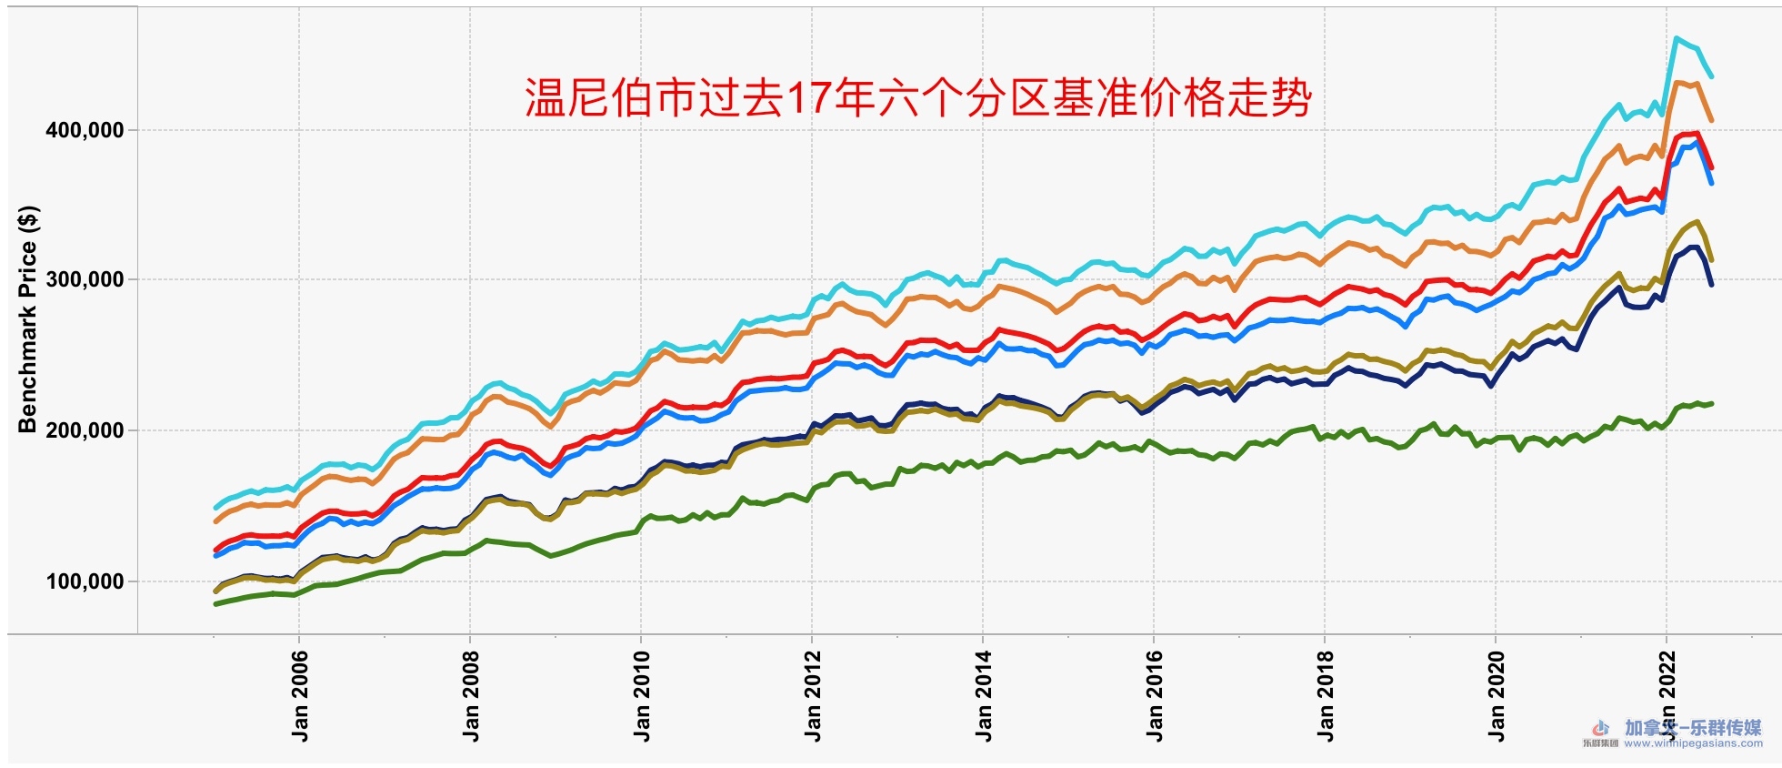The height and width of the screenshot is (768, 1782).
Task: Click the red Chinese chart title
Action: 918,98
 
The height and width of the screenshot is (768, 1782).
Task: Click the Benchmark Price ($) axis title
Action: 28,319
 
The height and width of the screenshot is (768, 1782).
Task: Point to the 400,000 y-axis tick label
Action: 85,130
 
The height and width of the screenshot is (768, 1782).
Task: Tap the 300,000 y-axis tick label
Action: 85,280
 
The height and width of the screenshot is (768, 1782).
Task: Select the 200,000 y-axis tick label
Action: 85,430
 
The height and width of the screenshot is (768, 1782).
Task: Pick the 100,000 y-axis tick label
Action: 85,581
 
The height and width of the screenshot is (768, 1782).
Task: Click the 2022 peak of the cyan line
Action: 1677,38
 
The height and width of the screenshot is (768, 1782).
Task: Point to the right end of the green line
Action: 1712,403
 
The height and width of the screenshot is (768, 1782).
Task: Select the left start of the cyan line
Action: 215,508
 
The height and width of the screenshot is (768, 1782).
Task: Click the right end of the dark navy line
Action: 1711,285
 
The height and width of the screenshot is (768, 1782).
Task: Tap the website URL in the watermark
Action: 1693,743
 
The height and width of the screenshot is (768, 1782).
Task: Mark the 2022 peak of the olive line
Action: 1697,222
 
